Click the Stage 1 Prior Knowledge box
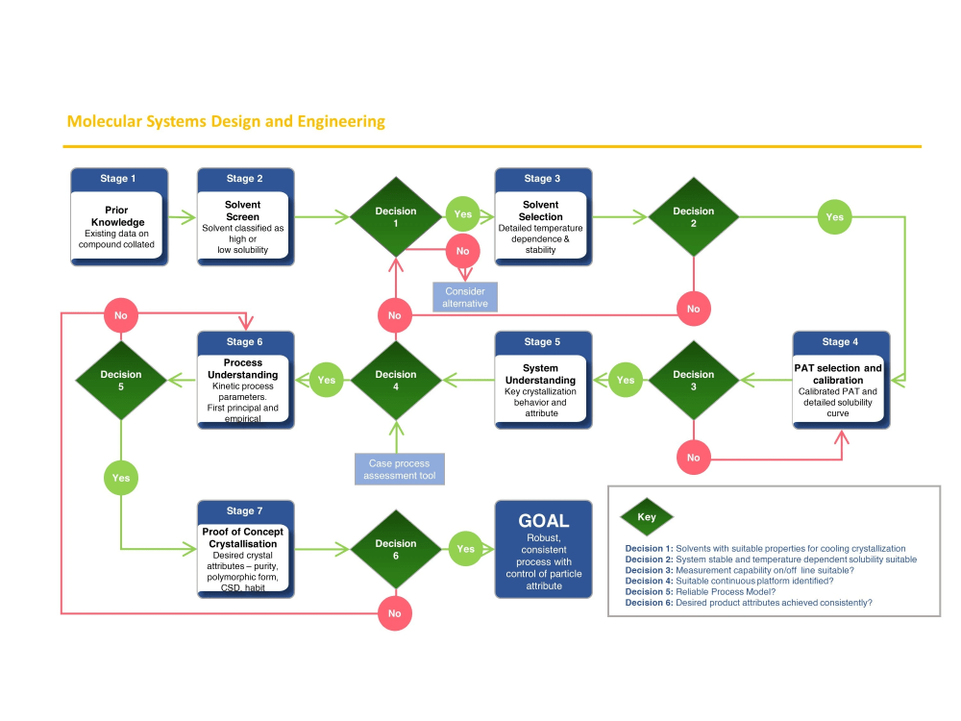tap(119, 217)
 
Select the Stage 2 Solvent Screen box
tap(245, 217)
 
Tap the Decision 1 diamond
tap(395, 217)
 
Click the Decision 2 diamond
tap(693, 217)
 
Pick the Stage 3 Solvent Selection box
tap(543, 217)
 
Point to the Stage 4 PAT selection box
tap(841, 380)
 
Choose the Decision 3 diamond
tap(693, 380)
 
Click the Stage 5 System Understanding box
tap(543, 380)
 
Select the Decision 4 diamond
tap(395, 380)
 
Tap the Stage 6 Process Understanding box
tap(245, 380)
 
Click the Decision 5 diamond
tap(120, 380)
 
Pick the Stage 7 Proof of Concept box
tap(245, 549)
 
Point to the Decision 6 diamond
tap(395, 549)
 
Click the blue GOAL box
tap(543, 549)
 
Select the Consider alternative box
tap(465, 297)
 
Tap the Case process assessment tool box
tap(400, 469)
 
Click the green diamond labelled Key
tap(647, 516)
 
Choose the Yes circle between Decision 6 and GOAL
tap(465, 549)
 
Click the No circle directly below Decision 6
tap(395, 613)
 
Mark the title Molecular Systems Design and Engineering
tap(226, 121)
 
